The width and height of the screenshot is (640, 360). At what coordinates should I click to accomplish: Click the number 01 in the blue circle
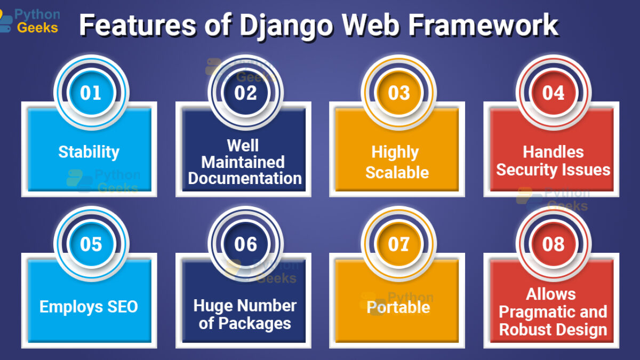(x=91, y=93)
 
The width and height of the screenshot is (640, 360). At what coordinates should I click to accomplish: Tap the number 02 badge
(x=245, y=93)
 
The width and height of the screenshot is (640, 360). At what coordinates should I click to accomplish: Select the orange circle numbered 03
(x=399, y=93)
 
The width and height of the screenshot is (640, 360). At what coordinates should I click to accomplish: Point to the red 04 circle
(x=554, y=93)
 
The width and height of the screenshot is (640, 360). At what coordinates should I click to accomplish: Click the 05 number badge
(x=91, y=244)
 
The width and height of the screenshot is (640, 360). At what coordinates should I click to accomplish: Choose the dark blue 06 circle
(x=245, y=244)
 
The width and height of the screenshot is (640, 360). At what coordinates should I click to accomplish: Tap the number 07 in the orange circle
(x=399, y=244)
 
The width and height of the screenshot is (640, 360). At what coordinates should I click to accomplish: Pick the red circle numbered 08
(x=554, y=244)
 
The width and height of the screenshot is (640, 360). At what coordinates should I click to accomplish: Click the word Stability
(x=89, y=153)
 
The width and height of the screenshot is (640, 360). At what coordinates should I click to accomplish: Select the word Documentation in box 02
(x=245, y=178)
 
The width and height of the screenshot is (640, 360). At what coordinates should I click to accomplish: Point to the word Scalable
(x=397, y=172)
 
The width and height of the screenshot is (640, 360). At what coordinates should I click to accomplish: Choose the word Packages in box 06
(x=255, y=324)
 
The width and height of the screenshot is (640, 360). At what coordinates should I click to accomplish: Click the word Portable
(x=398, y=307)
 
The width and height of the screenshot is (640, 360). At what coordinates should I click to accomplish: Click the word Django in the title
(x=286, y=26)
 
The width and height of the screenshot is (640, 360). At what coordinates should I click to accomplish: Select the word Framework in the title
(x=483, y=25)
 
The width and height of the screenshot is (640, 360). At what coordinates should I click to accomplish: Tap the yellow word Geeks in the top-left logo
(x=37, y=28)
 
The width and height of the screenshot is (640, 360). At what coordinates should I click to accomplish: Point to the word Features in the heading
(x=138, y=25)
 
